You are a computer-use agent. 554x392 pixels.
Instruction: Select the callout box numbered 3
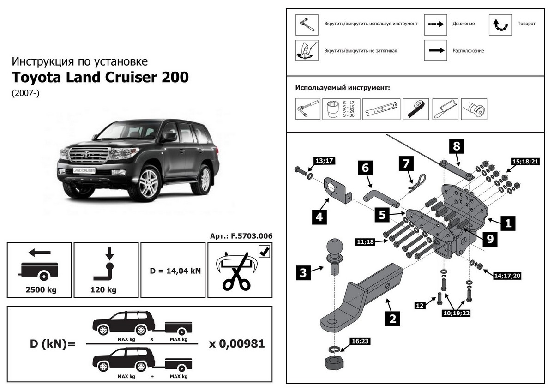303,273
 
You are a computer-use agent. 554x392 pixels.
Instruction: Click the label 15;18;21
525,161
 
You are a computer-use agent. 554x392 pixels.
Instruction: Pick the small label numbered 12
420,305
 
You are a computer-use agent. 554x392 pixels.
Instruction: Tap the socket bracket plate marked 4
335,190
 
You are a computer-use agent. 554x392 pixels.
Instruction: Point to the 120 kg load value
106,290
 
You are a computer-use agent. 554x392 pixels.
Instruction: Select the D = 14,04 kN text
175,270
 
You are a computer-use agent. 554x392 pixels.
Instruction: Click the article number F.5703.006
241,236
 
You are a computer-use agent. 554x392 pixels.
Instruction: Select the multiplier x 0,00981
237,344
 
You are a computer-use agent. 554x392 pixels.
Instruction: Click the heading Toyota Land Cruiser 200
100,77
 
